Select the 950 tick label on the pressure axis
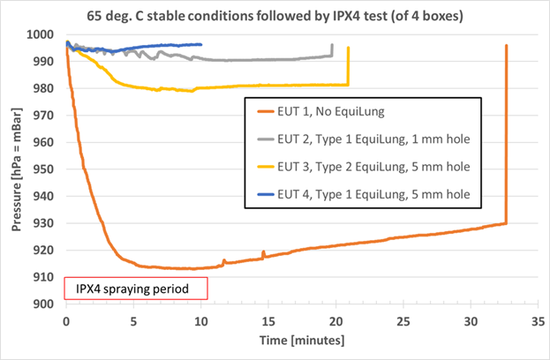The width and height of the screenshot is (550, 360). pos(46,169)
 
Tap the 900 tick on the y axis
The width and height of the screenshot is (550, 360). pos(46,304)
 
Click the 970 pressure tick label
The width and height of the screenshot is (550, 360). pos(46,116)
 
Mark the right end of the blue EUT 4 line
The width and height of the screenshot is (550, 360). pos(201,44)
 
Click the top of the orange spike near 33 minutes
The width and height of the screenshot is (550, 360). pos(506,45)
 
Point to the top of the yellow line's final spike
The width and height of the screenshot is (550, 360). pos(349,48)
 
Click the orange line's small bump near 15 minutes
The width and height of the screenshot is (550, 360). pos(263,253)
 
